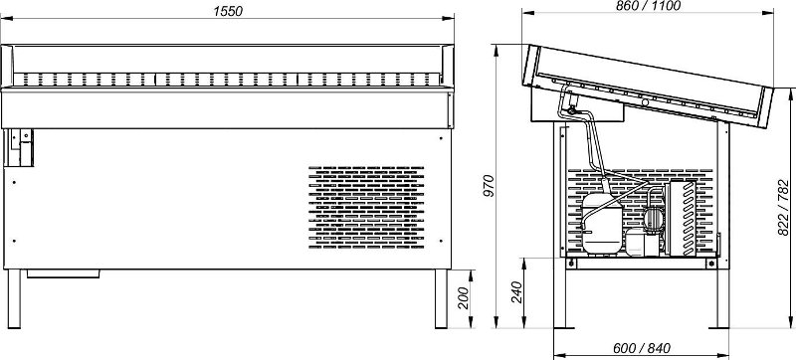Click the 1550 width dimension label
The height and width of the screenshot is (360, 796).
pyautogui.click(x=228, y=11)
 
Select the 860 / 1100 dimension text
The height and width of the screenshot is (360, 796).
pyautogui.click(x=648, y=6)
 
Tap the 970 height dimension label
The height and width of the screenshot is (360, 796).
pyautogui.click(x=489, y=186)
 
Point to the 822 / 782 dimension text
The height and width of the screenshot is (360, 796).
pyautogui.click(x=783, y=208)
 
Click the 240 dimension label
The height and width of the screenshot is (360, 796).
pyautogui.click(x=516, y=292)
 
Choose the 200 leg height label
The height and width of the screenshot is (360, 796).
pyautogui.click(x=464, y=297)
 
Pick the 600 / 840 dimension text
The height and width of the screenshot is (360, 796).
pyautogui.click(x=642, y=348)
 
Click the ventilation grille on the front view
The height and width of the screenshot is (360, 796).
pyautogui.click(x=366, y=207)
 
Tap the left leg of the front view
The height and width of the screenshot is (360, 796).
pyautogui.click(x=14, y=298)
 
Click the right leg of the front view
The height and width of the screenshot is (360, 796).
pyautogui.click(x=441, y=298)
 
